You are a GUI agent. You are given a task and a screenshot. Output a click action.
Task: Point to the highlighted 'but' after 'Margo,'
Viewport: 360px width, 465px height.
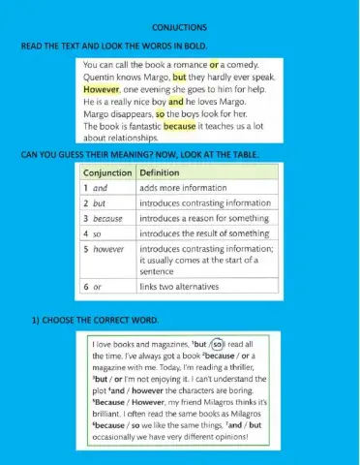coord(179,76)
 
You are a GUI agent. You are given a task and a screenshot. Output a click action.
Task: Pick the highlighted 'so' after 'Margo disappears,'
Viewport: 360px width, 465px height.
coord(160,112)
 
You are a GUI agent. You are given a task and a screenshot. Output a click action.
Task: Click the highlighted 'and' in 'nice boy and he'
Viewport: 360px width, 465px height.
coord(175,100)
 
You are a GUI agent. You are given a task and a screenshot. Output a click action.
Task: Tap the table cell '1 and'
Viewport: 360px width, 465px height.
coord(97,188)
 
